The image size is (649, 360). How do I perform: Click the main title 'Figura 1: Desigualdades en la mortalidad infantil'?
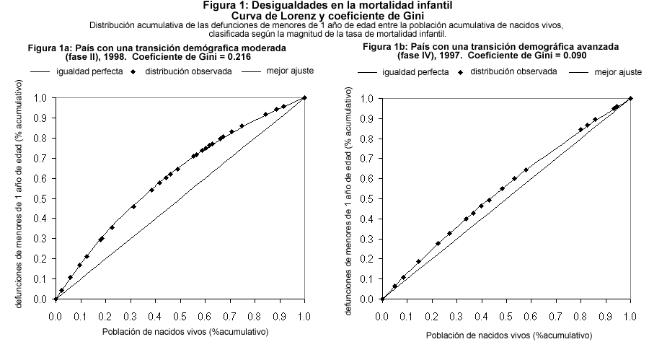pos(324,6)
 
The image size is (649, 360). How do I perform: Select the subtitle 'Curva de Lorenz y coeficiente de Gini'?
pos(324,16)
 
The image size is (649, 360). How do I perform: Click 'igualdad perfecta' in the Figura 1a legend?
pos(91,72)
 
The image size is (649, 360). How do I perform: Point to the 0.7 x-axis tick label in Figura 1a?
pos(230,315)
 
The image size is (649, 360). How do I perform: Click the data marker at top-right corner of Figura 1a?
pos(305,97)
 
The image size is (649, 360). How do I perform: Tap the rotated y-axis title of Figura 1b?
pos(350,198)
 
